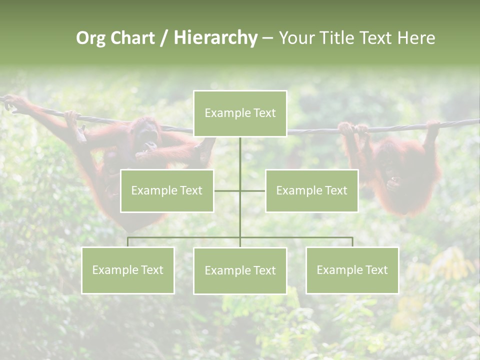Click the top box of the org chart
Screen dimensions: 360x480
coord(240,113)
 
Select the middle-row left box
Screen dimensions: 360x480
coord(167,190)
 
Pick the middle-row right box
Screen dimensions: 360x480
coord(311,190)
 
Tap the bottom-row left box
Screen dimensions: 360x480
coord(128,270)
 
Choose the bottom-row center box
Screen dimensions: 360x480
coord(240,270)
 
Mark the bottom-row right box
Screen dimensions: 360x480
coord(352,270)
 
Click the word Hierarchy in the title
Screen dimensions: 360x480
coord(215,38)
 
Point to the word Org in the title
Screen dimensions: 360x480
coord(90,38)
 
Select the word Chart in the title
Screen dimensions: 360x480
coord(132,38)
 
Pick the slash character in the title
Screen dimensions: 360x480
coord(164,38)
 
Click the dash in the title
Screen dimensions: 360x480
coord(267,38)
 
